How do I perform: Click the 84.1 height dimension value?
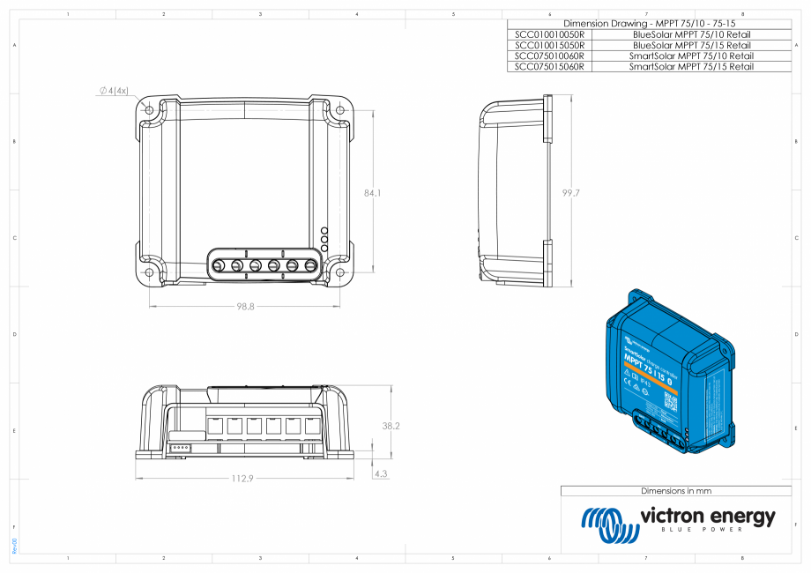pos(372,192)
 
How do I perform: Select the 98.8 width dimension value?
pos(245,307)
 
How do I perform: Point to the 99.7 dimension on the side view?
pos(569,192)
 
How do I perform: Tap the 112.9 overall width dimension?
pos(242,479)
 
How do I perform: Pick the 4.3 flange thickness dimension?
pos(381,473)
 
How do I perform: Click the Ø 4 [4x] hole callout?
pos(114,91)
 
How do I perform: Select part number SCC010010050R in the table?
pos(548,33)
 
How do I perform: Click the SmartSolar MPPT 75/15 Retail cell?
pos(691,66)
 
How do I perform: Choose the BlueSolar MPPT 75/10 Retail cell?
pos(691,33)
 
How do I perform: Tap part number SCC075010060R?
pos(548,56)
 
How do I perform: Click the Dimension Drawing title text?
pos(648,23)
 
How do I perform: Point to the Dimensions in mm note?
pos(675,491)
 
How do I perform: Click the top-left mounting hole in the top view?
pos(148,110)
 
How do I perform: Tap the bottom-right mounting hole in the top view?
pos(340,272)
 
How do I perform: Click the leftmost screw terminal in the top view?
pos(219,264)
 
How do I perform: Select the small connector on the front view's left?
pos(180,446)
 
